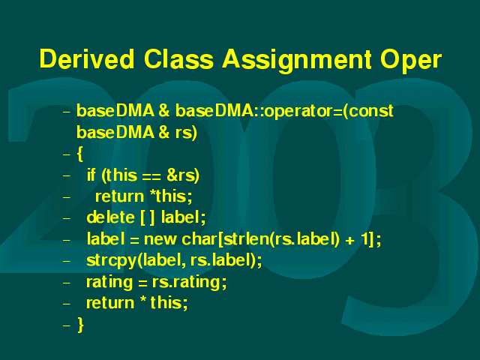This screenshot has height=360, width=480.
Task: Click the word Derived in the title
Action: (87, 58)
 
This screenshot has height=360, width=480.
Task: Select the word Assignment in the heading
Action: (297, 61)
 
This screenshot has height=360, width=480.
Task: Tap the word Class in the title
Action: (178, 58)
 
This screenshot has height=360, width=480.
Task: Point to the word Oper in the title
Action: (411, 61)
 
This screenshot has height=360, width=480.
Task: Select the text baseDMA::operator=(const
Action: (284, 111)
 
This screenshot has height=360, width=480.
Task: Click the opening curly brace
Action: (80, 154)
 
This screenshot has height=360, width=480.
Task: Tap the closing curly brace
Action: (80, 325)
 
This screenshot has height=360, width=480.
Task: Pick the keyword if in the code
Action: (91, 175)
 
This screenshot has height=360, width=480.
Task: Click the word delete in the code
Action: (110, 217)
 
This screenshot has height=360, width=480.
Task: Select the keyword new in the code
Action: (160, 240)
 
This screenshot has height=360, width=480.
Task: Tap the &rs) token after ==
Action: (183, 175)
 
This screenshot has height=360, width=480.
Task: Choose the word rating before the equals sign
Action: (109, 283)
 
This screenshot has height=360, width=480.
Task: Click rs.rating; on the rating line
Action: (189, 283)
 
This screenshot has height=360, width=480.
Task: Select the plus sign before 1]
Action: (350, 240)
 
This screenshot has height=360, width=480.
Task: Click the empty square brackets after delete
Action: (147, 218)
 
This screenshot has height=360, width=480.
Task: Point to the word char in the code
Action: (199, 238)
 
